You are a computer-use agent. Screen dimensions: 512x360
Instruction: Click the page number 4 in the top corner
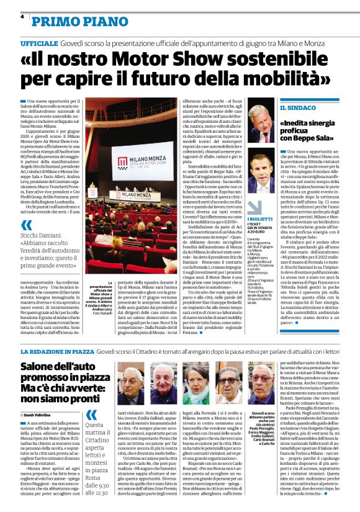point(22,16)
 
